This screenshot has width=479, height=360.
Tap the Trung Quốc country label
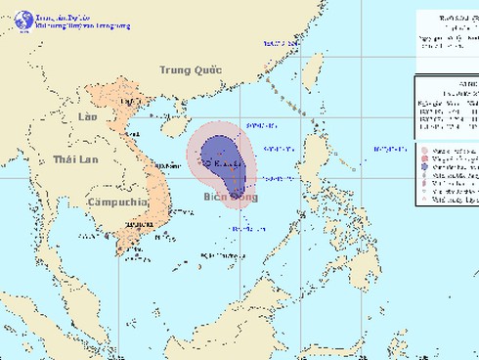click(193, 69)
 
